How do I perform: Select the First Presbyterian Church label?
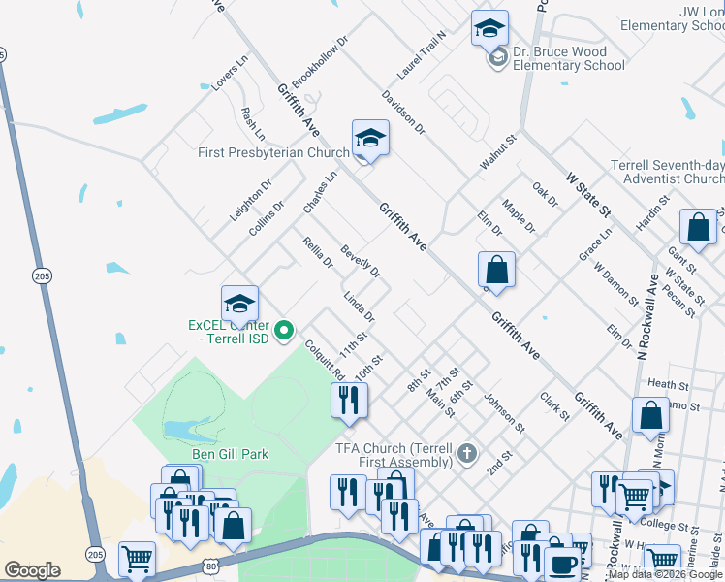pyautogui.click(x=273, y=152)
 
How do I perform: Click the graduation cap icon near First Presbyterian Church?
pyautogui.click(x=370, y=140)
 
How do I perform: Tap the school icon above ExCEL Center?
pyautogui.click(x=239, y=305)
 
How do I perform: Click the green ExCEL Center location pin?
pyautogui.click(x=284, y=332)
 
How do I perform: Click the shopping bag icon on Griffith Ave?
pyautogui.click(x=496, y=270)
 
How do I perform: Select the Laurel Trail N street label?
pyautogui.click(x=421, y=54)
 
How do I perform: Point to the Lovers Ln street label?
pyautogui.click(x=231, y=72)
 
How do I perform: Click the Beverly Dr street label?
pyautogui.click(x=360, y=259)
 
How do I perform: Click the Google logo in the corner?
pyautogui.click(x=31, y=570)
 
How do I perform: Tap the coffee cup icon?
pyautogui.click(x=561, y=564)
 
